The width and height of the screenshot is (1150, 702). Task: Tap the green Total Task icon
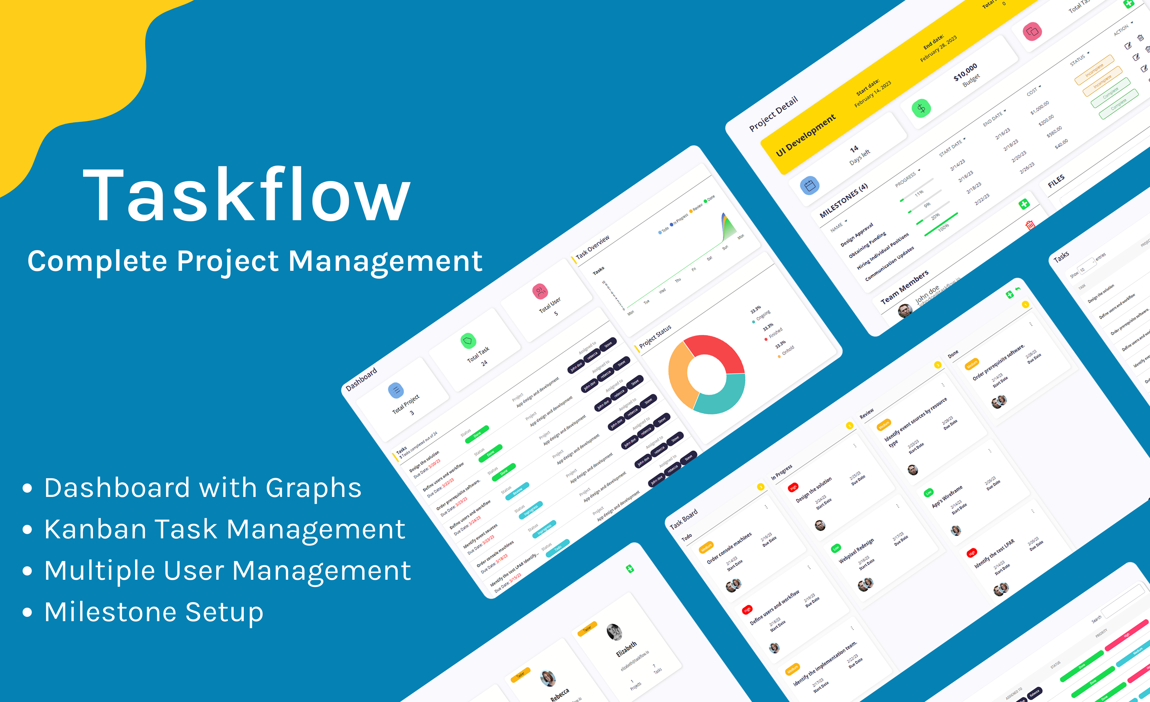pyautogui.click(x=468, y=341)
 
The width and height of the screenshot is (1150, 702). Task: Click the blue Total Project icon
pyautogui.click(x=396, y=390)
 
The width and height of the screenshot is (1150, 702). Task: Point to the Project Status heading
pyautogui.click(x=655, y=336)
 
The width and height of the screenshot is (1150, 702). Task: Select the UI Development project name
pyautogui.click(x=806, y=135)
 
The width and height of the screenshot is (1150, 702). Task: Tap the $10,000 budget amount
pyautogui.click(x=965, y=71)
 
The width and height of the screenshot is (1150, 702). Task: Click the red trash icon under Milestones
pyautogui.click(x=1030, y=225)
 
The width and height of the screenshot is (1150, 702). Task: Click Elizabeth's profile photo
pyautogui.click(x=614, y=632)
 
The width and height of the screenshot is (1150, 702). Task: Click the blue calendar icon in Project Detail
pyautogui.click(x=810, y=185)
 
